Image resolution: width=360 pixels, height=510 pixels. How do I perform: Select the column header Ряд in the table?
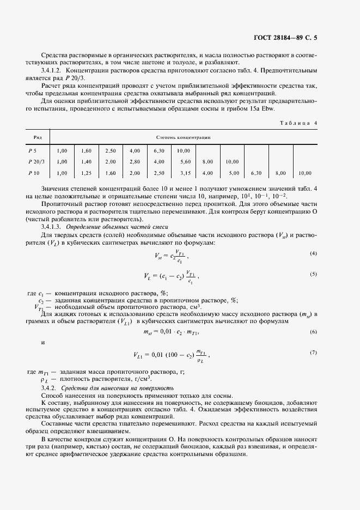click(x=38, y=138)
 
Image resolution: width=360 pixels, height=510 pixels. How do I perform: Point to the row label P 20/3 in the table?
click(x=38, y=161)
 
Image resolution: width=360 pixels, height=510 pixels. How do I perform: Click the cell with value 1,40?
click(x=86, y=161)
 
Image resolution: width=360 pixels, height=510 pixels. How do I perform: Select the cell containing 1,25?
click(x=86, y=173)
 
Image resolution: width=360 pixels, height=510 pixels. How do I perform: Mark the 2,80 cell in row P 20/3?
click(x=135, y=161)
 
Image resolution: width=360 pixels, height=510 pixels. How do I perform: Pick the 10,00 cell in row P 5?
click(x=184, y=150)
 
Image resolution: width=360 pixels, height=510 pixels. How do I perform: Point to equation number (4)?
click(x=313, y=254)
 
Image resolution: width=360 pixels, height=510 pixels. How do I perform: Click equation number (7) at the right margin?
click(x=313, y=353)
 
